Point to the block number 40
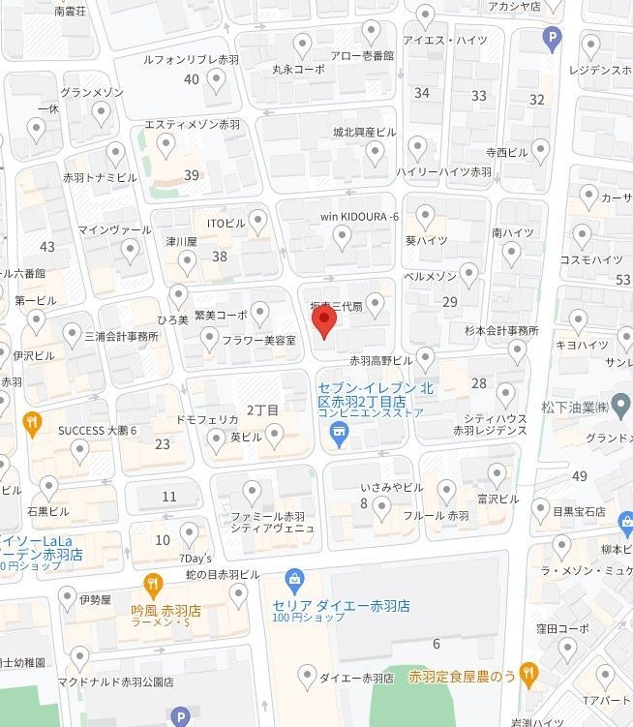pyautogui.click(x=192, y=78)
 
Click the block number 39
pyautogui.click(x=192, y=175)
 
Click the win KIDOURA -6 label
pyautogui.click(x=360, y=216)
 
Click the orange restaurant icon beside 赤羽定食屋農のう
pyautogui.click(x=527, y=672)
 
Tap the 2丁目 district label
pyautogui.click(x=262, y=409)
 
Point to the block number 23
pyautogui.click(x=163, y=444)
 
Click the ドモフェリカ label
pyautogui.click(x=207, y=421)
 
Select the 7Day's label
pyautogui.click(x=194, y=559)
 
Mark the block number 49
pyautogui.click(x=580, y=475)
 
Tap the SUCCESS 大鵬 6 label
pyautogui.click(x=97, y=430)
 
